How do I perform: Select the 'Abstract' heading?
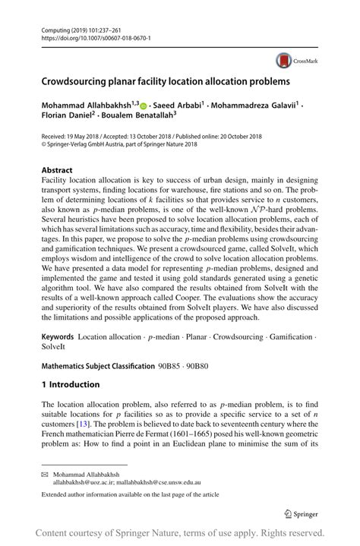[58, 170]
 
